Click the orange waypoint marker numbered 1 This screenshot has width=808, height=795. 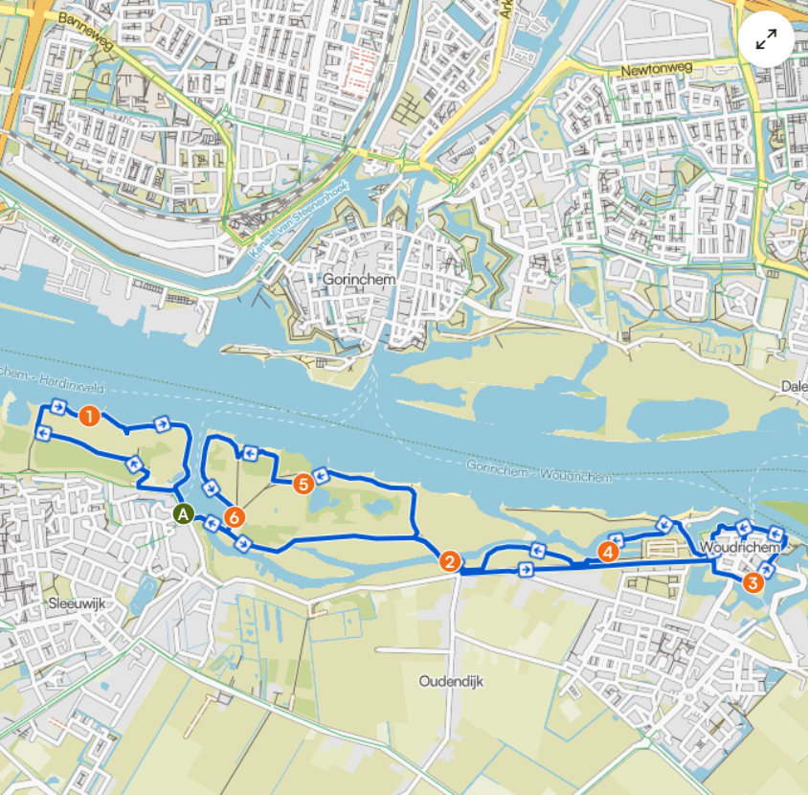89,417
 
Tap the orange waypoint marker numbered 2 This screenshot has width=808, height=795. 449,561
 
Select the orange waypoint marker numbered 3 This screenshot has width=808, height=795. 752,581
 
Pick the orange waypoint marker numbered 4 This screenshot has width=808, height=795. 606,552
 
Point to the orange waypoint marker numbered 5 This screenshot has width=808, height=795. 303,484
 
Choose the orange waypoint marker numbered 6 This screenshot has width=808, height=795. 235,517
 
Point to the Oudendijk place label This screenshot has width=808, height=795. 451,682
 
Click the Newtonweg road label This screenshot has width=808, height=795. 655,70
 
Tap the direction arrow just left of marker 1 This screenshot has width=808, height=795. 57,409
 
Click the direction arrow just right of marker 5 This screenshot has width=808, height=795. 322,473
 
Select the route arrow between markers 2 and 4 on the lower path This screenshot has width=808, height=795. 526,570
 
